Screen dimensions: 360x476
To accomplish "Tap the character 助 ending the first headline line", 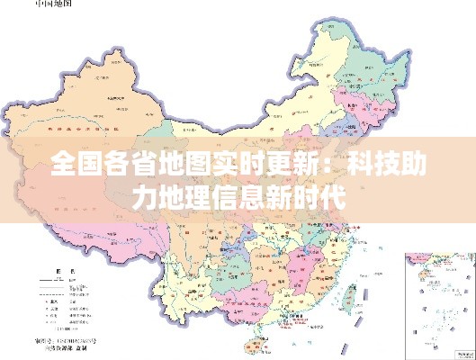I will pyautogui.click(x=413, y=166).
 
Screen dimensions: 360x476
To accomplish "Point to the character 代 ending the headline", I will pyautogui.click(x=328, y=197).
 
